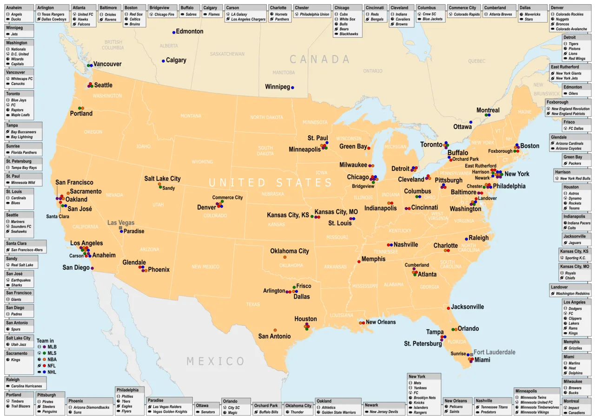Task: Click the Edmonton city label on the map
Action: point(190,32)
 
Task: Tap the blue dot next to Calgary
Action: point(163,61)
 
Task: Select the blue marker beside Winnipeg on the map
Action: point(292,87)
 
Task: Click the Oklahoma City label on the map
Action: point(290,251)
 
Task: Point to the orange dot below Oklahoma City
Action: point(284,257)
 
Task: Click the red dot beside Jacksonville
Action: point(448,308)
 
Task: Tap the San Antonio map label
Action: point(274,336)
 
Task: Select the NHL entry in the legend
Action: point(52,372)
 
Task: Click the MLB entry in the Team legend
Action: point(52,347)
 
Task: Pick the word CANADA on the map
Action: point(319,59)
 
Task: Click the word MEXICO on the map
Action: point(215,361)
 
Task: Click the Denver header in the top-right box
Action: point(557,8)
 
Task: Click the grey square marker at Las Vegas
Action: point(120,228)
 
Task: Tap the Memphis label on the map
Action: point(373,259)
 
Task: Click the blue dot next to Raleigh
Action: point(466,239)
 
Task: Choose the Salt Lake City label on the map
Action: point(162,179)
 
